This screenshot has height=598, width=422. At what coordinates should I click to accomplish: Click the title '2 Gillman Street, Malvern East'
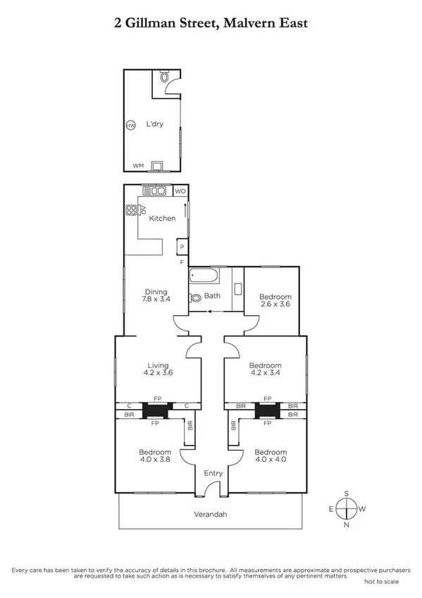pos(211,23)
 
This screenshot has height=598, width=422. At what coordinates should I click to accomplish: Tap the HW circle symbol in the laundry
pos(130,126)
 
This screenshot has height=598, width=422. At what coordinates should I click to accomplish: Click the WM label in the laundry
pos(138,166)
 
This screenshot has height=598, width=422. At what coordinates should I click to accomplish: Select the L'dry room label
pos(154,125)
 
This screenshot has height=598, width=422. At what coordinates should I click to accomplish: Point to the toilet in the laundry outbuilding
pos(164,79)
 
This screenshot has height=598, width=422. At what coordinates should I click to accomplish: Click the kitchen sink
pos(154,190)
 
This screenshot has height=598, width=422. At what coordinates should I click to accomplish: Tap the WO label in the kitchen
pos(180,191)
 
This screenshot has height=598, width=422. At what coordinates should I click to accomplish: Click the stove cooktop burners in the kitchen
pos(131,209)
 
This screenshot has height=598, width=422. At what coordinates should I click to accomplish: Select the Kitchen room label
pos(162,219)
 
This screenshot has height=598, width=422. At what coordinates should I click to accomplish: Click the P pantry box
pos(182,247)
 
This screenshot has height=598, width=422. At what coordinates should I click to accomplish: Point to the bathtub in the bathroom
pos(205,276)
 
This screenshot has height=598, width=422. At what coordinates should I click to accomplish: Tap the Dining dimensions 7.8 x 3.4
pos(156,300)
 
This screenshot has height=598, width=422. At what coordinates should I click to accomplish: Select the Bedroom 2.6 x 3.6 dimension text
pos(274,305)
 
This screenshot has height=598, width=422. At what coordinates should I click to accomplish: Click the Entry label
pos(212,473)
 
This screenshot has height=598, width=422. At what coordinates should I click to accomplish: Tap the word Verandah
pos(210,514)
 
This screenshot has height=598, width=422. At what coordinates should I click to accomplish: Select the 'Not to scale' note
pos(382,582)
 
